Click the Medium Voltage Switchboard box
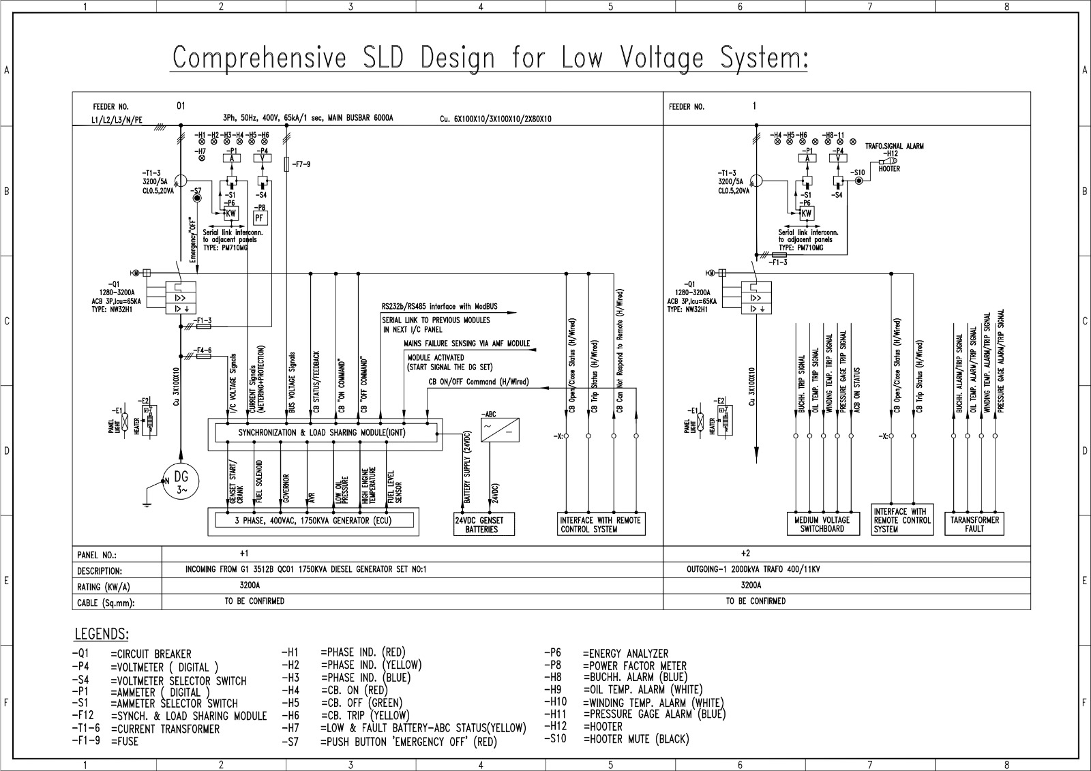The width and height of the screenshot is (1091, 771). pos(822,524)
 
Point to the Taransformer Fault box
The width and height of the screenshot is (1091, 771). pos(974,524)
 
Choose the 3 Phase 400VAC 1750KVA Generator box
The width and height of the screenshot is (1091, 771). pos(314,521)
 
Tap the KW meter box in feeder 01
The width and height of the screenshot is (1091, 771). pos(230,213)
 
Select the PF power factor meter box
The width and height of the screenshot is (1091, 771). pos(260,218)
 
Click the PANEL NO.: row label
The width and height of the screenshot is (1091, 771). pos(97,556)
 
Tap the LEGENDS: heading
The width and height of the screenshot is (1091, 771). pos(101,635)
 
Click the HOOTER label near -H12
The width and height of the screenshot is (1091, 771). pos(889,168)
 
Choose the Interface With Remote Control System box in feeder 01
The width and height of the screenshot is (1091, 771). pos(600,524)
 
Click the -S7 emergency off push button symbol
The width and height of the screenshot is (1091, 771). pos(197,198)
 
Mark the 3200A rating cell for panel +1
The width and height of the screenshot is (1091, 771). pos(250,585)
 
